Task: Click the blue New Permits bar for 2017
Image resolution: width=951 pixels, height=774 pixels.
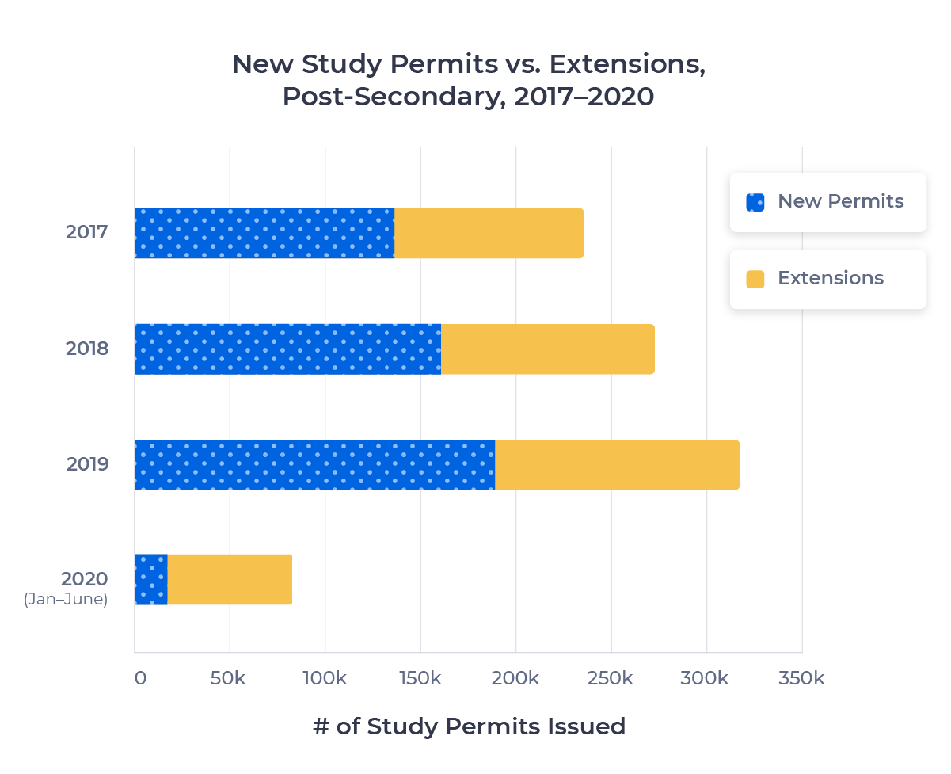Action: click(264, 233)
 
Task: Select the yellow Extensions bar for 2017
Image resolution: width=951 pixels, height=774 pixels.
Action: click(489, 233)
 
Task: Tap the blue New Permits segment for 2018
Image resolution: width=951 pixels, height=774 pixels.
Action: click(287, 349)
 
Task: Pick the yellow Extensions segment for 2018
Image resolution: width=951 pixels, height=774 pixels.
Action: click(547, 349)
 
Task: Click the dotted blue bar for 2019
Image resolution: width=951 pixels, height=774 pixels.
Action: click(314, 465)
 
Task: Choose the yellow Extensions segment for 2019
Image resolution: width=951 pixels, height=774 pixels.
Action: click(617, 465)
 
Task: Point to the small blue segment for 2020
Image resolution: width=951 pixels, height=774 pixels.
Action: click(150, 580)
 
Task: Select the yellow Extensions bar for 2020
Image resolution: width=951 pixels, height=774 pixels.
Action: click(230, 580)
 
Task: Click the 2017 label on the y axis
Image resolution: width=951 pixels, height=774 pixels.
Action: click(86, 233)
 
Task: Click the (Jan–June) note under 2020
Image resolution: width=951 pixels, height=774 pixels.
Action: click(65, 600)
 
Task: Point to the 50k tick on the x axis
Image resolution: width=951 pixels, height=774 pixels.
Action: click(230, 679)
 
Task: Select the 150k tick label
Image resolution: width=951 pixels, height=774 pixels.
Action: click(420, 679)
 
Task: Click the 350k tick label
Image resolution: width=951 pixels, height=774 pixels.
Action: click(802, 679)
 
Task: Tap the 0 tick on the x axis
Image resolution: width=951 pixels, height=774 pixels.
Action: click(140, 679)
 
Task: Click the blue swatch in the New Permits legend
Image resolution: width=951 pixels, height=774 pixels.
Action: click(755, 202)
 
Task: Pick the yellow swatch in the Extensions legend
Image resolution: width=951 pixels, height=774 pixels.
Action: click(755, 279)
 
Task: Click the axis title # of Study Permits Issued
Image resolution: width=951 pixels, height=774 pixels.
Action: click(469, 726)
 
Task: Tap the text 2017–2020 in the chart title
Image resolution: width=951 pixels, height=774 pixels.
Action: click(584, 97)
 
